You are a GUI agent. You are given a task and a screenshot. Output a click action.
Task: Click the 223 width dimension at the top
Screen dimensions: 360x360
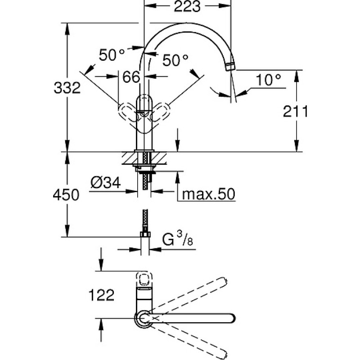click(x=187, y=6)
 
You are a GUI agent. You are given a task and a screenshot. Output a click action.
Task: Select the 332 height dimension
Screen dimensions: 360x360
click(x=67, y=88)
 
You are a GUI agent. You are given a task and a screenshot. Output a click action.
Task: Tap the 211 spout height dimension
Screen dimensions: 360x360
click(x=295, y=112)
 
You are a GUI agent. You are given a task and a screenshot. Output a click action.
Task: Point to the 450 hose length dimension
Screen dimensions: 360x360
click(x=66, y=195)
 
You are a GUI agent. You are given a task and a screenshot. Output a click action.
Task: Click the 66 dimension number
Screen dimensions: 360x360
click(x=131, y=77)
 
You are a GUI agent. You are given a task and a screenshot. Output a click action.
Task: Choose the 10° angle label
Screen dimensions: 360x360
click(x=268, y=80)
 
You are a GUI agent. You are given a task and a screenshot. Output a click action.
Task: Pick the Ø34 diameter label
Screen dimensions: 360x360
click(x=105, y=183)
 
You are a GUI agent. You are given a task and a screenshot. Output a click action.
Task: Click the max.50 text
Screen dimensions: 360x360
click(x=208, y=194)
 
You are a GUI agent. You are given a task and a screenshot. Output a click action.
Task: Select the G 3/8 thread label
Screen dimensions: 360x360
click(x=177, y=239)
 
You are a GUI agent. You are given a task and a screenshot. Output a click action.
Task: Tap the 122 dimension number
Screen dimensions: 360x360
click(x=101, y=295)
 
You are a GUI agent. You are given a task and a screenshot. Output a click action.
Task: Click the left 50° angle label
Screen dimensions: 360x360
click(x=112, y=55)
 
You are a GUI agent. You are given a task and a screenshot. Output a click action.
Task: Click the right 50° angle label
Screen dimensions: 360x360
click(x=175, y=60)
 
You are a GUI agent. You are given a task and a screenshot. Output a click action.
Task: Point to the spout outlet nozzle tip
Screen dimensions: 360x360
click(x=230, y=67)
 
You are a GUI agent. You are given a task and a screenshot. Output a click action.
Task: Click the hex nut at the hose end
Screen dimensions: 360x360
click(x=145, y=234)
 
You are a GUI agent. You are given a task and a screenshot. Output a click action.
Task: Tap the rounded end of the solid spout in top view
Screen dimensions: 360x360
click(x=231, y=318)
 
